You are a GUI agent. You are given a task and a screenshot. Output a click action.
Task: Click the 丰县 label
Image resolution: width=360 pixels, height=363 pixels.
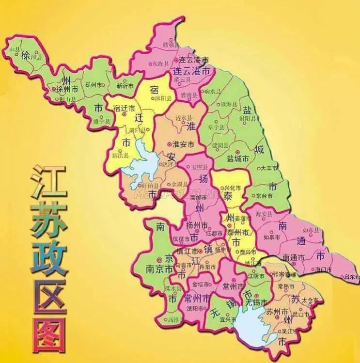16,49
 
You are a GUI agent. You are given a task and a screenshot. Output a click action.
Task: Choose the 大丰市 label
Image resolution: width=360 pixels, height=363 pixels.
268,168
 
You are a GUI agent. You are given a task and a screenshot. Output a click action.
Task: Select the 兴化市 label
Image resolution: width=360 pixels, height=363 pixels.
230,187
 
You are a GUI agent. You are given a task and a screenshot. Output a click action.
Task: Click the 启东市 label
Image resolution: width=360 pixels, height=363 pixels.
350,277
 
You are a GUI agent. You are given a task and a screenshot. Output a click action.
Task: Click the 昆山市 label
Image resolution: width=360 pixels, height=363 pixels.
303,315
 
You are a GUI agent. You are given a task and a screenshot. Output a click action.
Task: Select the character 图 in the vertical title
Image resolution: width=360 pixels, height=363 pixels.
48,333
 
